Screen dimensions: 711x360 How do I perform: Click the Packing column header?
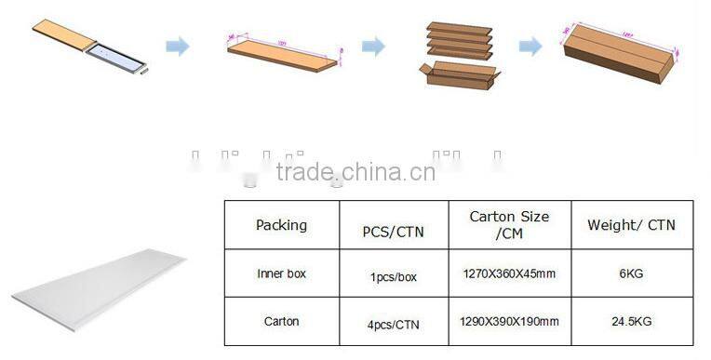click(x=281, y=225)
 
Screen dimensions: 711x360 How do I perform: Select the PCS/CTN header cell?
click(x=393, y=231)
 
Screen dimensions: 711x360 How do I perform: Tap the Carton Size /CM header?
click(x=508, y=224)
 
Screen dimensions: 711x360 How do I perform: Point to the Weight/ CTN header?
click(x=631, y=225)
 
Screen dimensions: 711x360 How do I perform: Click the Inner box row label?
click(x=281, y=274)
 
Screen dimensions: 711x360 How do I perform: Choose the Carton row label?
click(x=281, y=321)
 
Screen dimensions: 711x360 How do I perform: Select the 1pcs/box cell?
click(x=393, y=276)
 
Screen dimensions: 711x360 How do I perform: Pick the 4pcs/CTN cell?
click(x=393, y=322)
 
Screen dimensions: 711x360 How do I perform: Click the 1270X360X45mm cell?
click(x=508, y=274)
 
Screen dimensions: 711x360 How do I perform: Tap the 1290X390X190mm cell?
click(x=508, y=321)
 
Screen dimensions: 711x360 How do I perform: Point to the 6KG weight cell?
click(x=631, y=274)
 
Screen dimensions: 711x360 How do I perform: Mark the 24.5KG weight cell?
click(x=631, y=321)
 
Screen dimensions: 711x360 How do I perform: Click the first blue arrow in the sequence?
click(x=177, y=47)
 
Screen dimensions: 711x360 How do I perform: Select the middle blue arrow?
click(x=373, y=47)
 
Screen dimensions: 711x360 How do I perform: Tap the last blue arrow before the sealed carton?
click(x=530, y=47)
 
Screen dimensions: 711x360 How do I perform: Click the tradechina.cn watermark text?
click(x=355, y=172)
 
